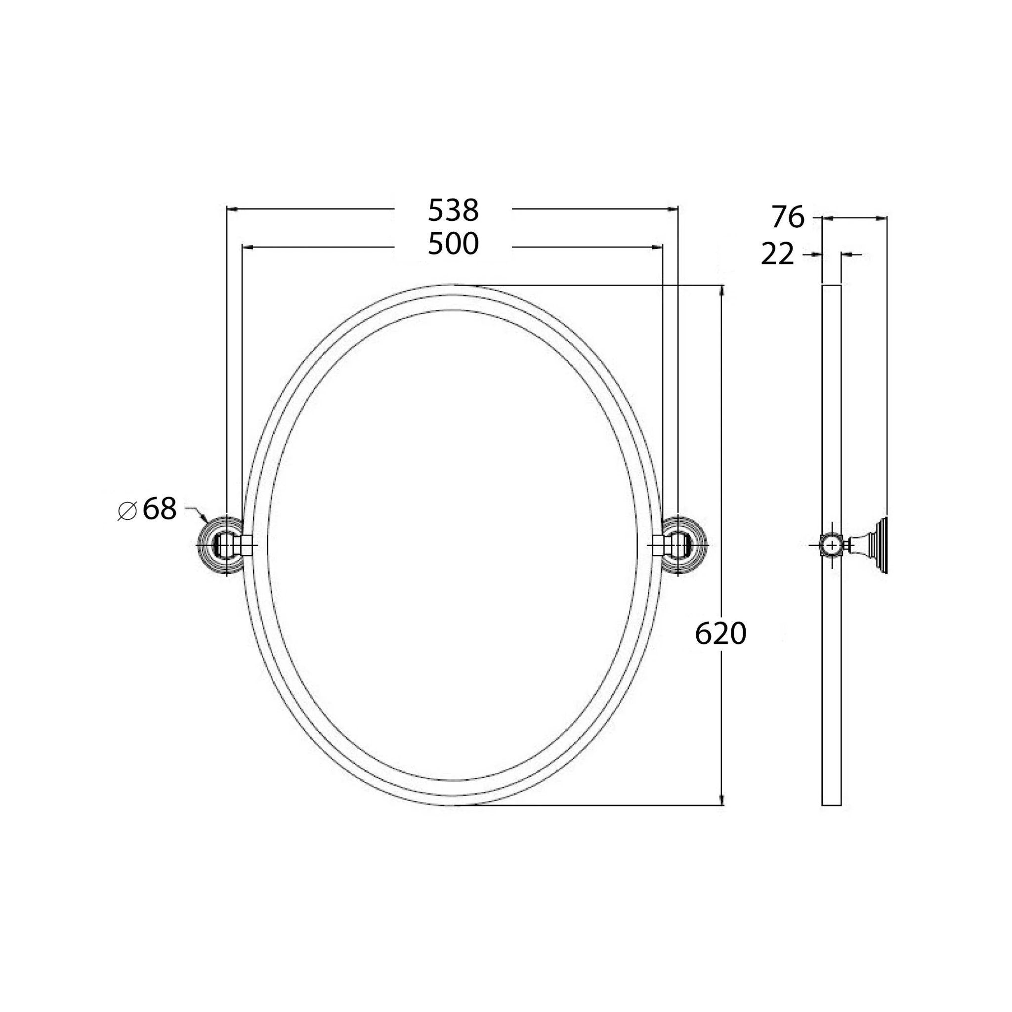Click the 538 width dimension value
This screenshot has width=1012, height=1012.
click(453, 211)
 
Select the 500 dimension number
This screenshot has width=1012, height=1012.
click(453, 245)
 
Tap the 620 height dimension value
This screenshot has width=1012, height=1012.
click(720, 634)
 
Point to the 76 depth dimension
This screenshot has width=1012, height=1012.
click(787, 217)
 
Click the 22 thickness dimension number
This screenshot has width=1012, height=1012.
click(777, 255)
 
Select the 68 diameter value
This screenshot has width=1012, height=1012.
click(159, 508)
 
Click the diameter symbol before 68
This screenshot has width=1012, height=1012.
click(127, 511)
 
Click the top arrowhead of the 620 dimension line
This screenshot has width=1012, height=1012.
click(722, 290)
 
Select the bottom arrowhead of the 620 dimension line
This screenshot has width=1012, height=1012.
click(722, 800)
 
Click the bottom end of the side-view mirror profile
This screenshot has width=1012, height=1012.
click(831, 804)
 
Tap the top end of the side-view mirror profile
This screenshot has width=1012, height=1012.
click(831, 286)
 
